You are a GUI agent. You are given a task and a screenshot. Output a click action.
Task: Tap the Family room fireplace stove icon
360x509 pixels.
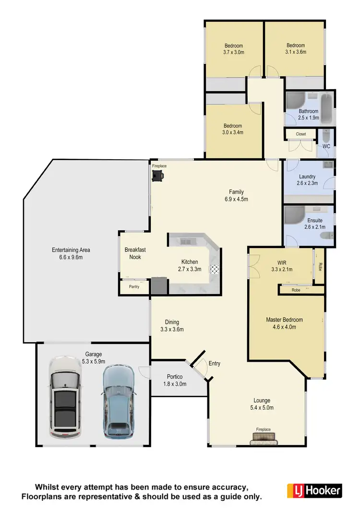tap(158, 177)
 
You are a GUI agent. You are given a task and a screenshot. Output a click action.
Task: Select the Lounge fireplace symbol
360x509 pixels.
tap(263, 438)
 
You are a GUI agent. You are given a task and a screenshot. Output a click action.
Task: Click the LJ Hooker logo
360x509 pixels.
tap(314, 490)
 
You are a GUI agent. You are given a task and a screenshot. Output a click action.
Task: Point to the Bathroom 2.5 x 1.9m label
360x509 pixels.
tap(308, 114)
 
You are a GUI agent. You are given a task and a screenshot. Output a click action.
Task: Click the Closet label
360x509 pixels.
tap(300, 134)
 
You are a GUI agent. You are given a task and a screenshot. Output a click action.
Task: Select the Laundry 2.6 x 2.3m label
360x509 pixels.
tap(307, 179)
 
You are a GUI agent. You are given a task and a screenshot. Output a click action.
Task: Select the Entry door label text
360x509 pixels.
tap(214, 363)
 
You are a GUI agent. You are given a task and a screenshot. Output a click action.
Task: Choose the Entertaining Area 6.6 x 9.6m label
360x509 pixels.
tap(71, 253)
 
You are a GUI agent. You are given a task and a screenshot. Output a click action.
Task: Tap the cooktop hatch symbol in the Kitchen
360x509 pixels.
tap(215, 269)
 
